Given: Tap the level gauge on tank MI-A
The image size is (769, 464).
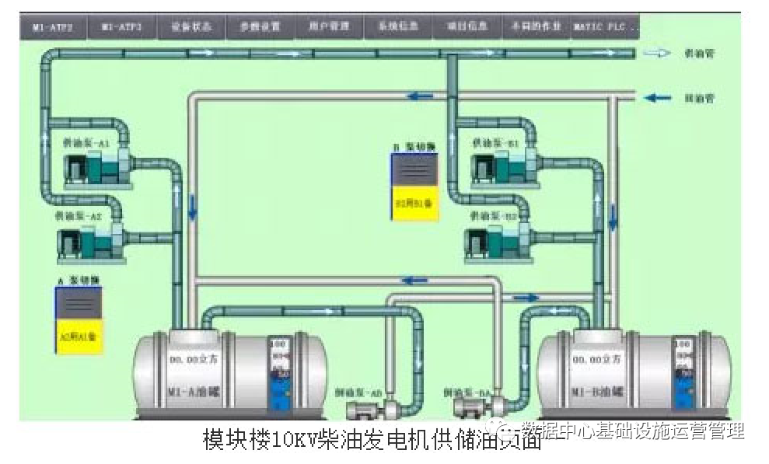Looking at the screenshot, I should click(279, 372).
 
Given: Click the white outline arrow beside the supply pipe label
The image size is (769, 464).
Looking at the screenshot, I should click(658, 54).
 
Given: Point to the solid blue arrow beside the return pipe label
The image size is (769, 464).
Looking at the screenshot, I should click(658, 98).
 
